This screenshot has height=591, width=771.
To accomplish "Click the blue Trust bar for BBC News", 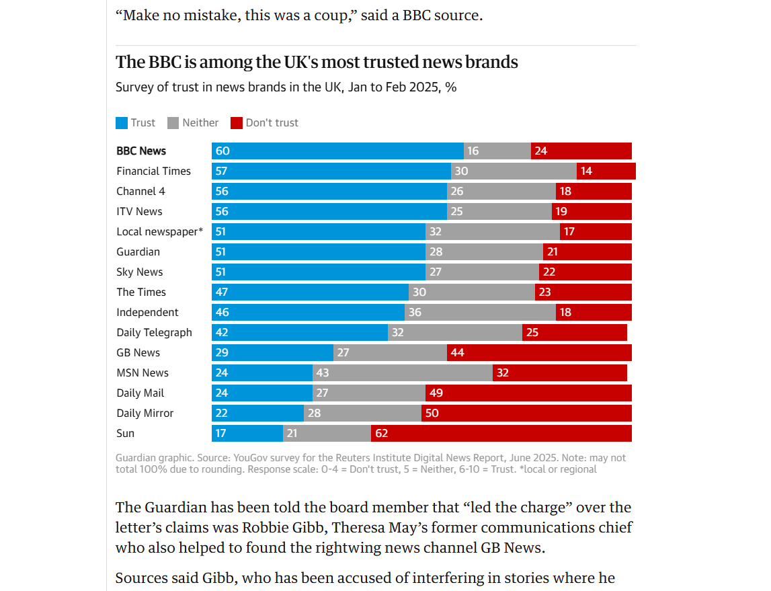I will pos(337,151).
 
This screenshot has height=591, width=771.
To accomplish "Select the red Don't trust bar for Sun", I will pos(501,434).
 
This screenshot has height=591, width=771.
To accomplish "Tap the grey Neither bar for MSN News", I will pos(402,373).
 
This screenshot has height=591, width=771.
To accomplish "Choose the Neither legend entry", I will pos(193,123).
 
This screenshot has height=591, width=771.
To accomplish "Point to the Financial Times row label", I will pos(153,171).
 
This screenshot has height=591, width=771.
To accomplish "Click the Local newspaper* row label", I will pos(159,232).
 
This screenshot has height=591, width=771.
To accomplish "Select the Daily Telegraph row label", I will pos(154,333).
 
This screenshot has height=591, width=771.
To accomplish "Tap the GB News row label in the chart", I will pos(138,353).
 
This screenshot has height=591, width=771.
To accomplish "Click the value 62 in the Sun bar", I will pos(381,434).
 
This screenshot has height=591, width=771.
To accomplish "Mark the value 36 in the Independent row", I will pos(415,313).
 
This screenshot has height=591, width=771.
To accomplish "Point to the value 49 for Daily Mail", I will pos(436,393).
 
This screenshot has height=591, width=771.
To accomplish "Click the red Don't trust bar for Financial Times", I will pos(606,171).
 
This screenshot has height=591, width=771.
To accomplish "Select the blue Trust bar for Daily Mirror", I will pos(257,413).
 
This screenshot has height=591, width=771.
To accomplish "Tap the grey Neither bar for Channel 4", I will pos(501,192).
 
